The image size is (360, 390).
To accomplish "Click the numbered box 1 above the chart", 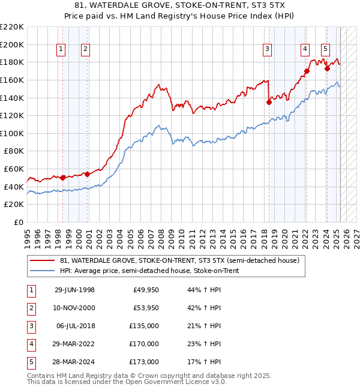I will click(61, 50).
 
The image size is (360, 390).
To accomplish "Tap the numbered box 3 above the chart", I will click(267, 50).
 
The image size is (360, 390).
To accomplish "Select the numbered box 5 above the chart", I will click(325, 50).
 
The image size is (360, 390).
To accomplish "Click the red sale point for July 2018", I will click(269, 102).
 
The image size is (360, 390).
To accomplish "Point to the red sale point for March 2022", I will click(307, 71).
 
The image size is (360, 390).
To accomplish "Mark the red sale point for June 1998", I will click(62, 178).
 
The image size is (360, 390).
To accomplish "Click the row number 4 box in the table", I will click(31, 344).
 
